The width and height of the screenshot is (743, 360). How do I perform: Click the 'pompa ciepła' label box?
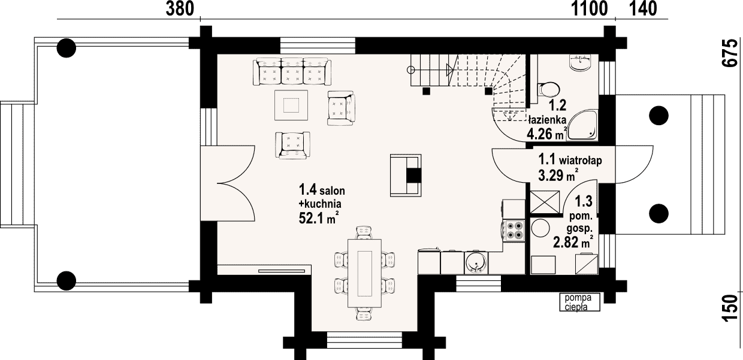580,302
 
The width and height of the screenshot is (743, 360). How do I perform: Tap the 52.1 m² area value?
319,218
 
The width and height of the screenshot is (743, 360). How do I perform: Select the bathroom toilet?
549,89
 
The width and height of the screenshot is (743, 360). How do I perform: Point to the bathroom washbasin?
580,63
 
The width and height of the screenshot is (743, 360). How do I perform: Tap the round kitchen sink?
476,264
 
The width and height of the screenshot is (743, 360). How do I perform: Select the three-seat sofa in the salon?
292,72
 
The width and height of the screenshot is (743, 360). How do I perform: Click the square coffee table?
291,105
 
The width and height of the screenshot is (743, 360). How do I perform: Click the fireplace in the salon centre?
406,176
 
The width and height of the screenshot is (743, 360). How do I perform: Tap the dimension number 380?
180,9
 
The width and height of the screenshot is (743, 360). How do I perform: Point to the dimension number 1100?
589,9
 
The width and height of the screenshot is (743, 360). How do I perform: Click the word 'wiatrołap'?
581,161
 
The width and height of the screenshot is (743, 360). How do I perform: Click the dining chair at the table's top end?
364,232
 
